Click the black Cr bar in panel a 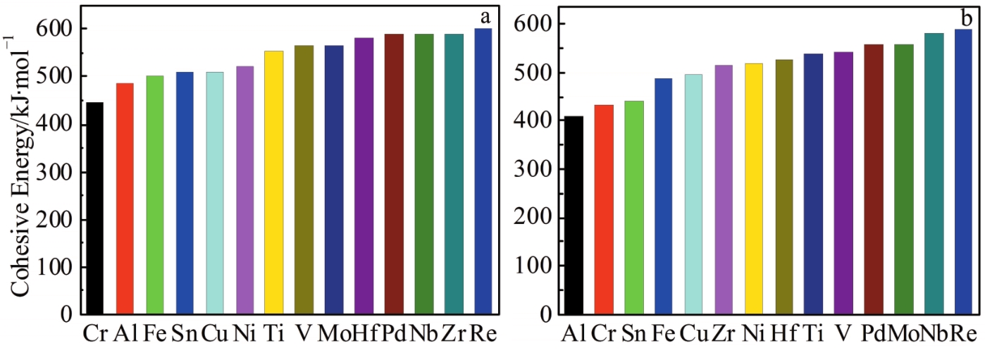pos(94,208)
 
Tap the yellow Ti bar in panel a pos(273,182)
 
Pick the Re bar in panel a pos(483,171)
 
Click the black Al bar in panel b pos(574,215)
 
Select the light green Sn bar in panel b pos(633,208)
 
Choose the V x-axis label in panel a pos(304,332)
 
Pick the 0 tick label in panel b pos(546,314)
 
